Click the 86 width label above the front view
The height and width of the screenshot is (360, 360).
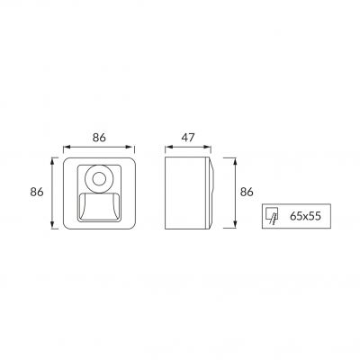[99, 138]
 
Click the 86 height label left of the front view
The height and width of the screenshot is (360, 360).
[37, 192]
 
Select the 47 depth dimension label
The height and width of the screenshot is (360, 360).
[188, 138]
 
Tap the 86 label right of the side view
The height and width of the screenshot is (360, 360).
[247, 192]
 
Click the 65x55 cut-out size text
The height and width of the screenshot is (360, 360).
[305, 216]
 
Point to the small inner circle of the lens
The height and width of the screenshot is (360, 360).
[98, 179]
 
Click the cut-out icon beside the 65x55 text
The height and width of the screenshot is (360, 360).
[272, 216]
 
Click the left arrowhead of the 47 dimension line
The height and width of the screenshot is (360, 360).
[169, 147]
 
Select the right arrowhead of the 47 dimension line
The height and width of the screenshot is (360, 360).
[208, 147]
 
